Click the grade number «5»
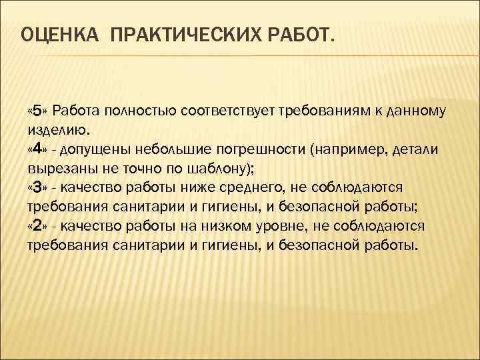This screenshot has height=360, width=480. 37,110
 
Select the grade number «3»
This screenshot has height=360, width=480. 37,187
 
